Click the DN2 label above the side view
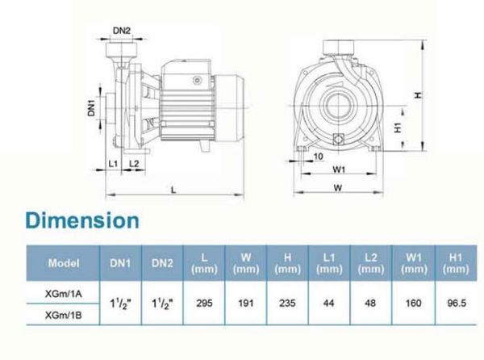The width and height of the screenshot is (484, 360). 122,31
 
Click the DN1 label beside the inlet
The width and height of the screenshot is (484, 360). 92,107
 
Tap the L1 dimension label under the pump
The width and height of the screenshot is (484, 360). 113,164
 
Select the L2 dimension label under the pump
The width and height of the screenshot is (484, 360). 134,164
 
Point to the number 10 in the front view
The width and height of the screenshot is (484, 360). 319,157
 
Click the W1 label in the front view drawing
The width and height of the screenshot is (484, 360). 339,170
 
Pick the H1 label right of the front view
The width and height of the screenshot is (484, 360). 398,128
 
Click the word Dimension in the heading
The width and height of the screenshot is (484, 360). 82,220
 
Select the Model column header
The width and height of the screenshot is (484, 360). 64,263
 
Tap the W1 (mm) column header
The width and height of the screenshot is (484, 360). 414,263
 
